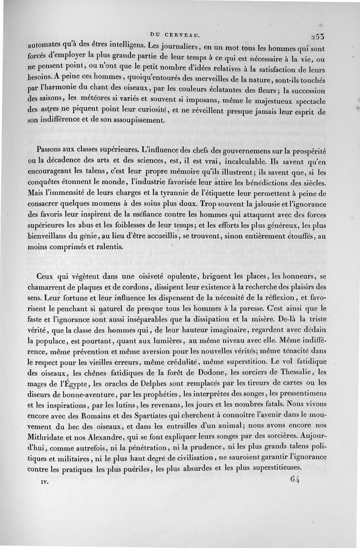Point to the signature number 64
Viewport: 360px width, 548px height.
(295, 479)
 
